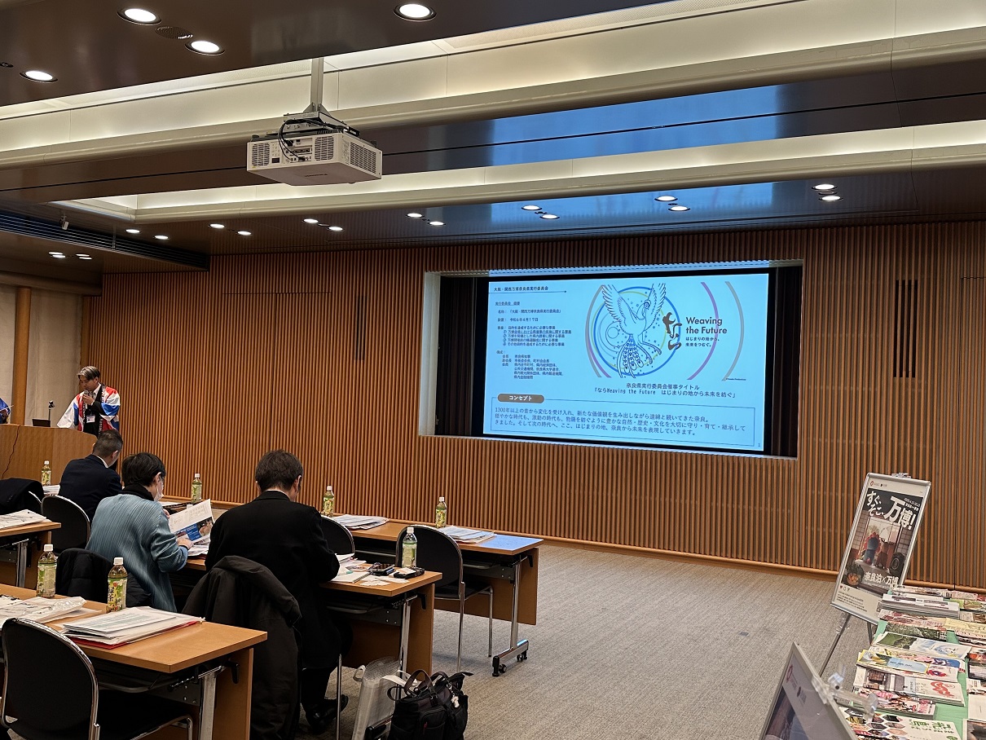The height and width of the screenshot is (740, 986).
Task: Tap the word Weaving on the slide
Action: (x=703, y=321)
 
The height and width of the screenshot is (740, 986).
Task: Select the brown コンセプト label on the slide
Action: (x=520, y=398)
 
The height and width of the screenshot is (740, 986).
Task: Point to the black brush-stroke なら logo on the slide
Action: (x=671, y=331)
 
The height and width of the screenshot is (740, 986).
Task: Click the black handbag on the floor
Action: (x=428, y=705)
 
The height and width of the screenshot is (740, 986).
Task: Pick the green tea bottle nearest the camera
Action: (x=117, y=584)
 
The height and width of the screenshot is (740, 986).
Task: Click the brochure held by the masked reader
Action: (x=191, y=521)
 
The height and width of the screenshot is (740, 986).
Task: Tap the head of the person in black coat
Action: (x=278, y=472)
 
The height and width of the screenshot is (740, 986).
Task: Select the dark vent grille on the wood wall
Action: (x=905, y=328)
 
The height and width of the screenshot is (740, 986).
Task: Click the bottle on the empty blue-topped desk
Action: (x=441, y=513)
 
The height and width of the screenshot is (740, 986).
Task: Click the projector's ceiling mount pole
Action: (x=316, y=85)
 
